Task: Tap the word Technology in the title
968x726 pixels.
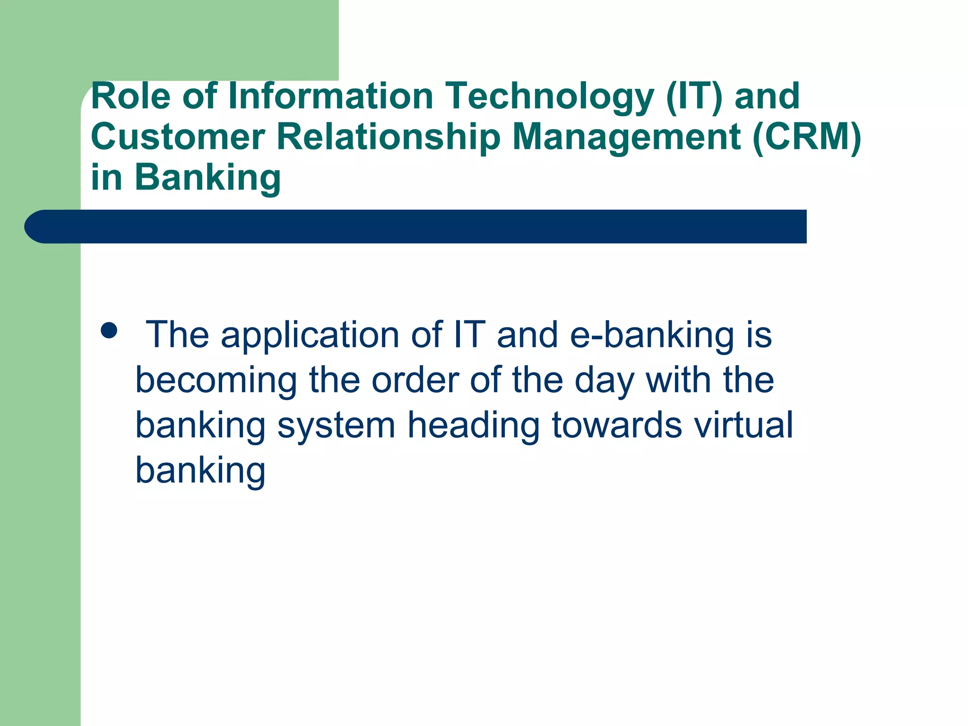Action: point(550,97)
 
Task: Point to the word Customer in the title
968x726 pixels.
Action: point(178,137)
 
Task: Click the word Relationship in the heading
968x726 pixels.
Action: point(388,138)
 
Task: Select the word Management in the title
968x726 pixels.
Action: point(627,138)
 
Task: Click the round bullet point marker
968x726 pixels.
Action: point(109,330)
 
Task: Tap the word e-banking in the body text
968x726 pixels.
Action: point(652,335)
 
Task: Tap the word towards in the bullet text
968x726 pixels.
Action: point(617,425)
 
